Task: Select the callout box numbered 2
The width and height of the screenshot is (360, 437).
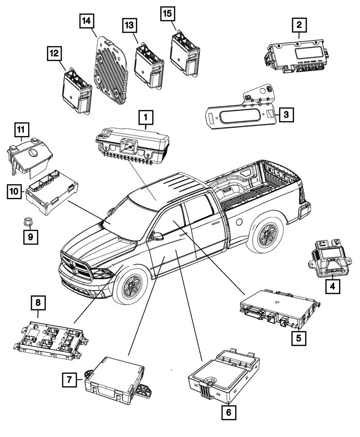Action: click(x=299, y=26)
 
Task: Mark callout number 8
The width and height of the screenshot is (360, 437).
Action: click(x=38, y=303)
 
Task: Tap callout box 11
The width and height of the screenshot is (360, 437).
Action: click(x=22, y=130)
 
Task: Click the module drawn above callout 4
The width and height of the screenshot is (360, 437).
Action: click(x=326, y=259)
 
